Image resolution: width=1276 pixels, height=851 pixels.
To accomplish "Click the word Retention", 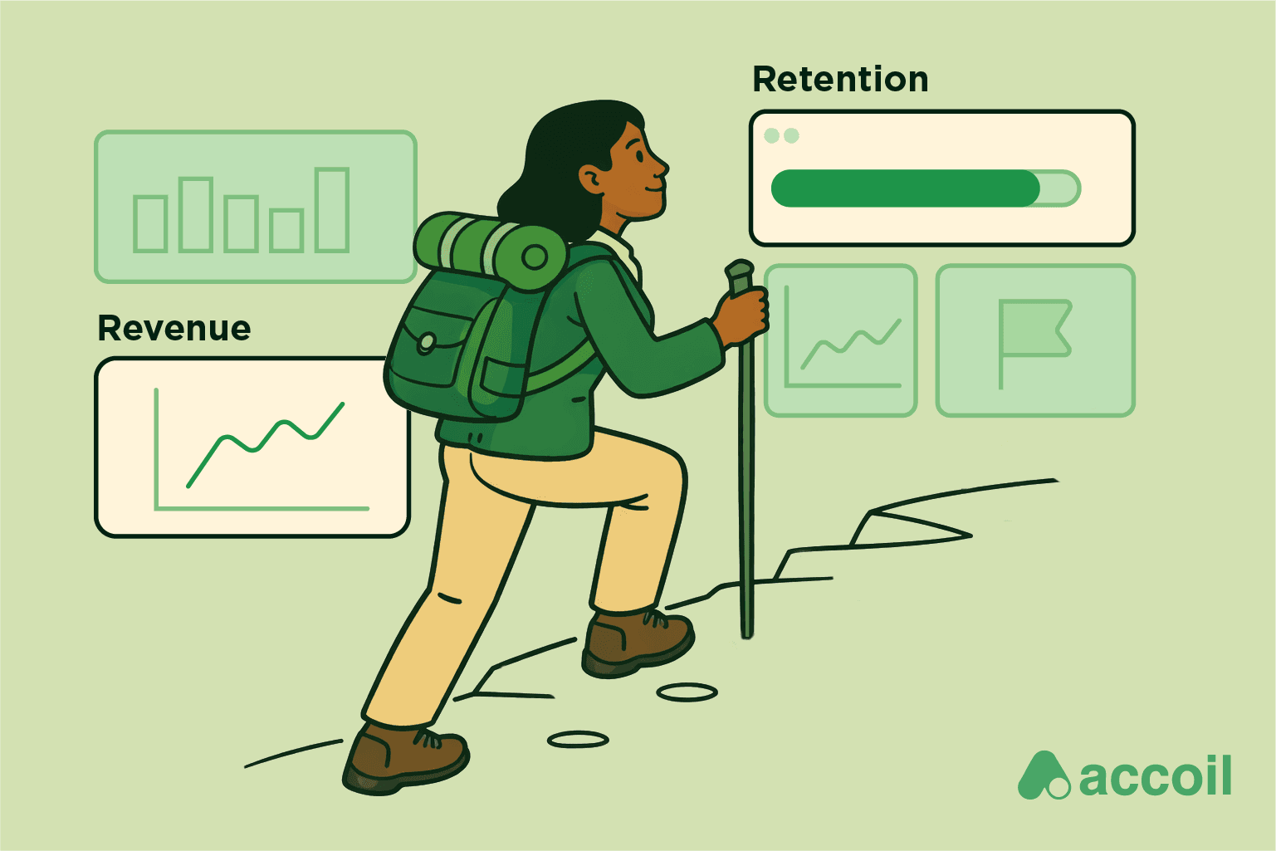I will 840,80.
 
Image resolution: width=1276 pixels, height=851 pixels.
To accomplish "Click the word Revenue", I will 174,329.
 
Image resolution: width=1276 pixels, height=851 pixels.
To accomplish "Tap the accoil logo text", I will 1156,777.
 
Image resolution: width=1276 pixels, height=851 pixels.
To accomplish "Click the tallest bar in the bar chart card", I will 332,210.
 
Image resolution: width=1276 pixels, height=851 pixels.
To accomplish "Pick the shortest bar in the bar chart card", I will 286,230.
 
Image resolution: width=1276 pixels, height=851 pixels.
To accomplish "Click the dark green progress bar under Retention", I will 905,188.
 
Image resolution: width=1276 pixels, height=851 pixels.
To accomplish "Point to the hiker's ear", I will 593,178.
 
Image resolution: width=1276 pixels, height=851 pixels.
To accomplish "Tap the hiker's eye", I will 638,154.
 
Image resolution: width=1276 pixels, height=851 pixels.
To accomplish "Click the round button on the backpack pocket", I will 427,341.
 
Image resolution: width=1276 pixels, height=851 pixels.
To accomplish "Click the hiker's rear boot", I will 405,757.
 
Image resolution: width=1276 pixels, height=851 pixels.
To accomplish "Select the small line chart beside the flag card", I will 841,340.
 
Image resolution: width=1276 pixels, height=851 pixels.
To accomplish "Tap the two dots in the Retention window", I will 781,135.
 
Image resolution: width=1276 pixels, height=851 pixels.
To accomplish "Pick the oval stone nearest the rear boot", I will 578,739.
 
